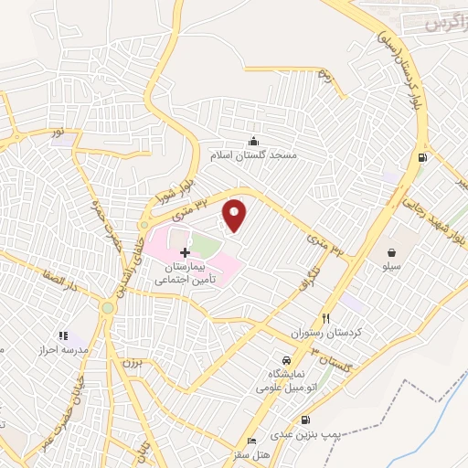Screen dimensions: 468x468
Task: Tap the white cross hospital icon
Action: click(x=186, y=251)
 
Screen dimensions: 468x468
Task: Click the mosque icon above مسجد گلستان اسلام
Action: click(x=254, y=140)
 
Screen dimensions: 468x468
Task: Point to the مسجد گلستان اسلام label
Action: click(x=254, y=155)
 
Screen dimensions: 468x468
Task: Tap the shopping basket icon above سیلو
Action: click(x=391, y=251)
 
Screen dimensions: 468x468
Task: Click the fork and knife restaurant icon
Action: click(x=326, y=317)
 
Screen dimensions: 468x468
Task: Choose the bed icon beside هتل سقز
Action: click(x=253, y=441)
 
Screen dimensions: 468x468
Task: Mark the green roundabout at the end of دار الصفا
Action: click(x=109, y=308)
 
